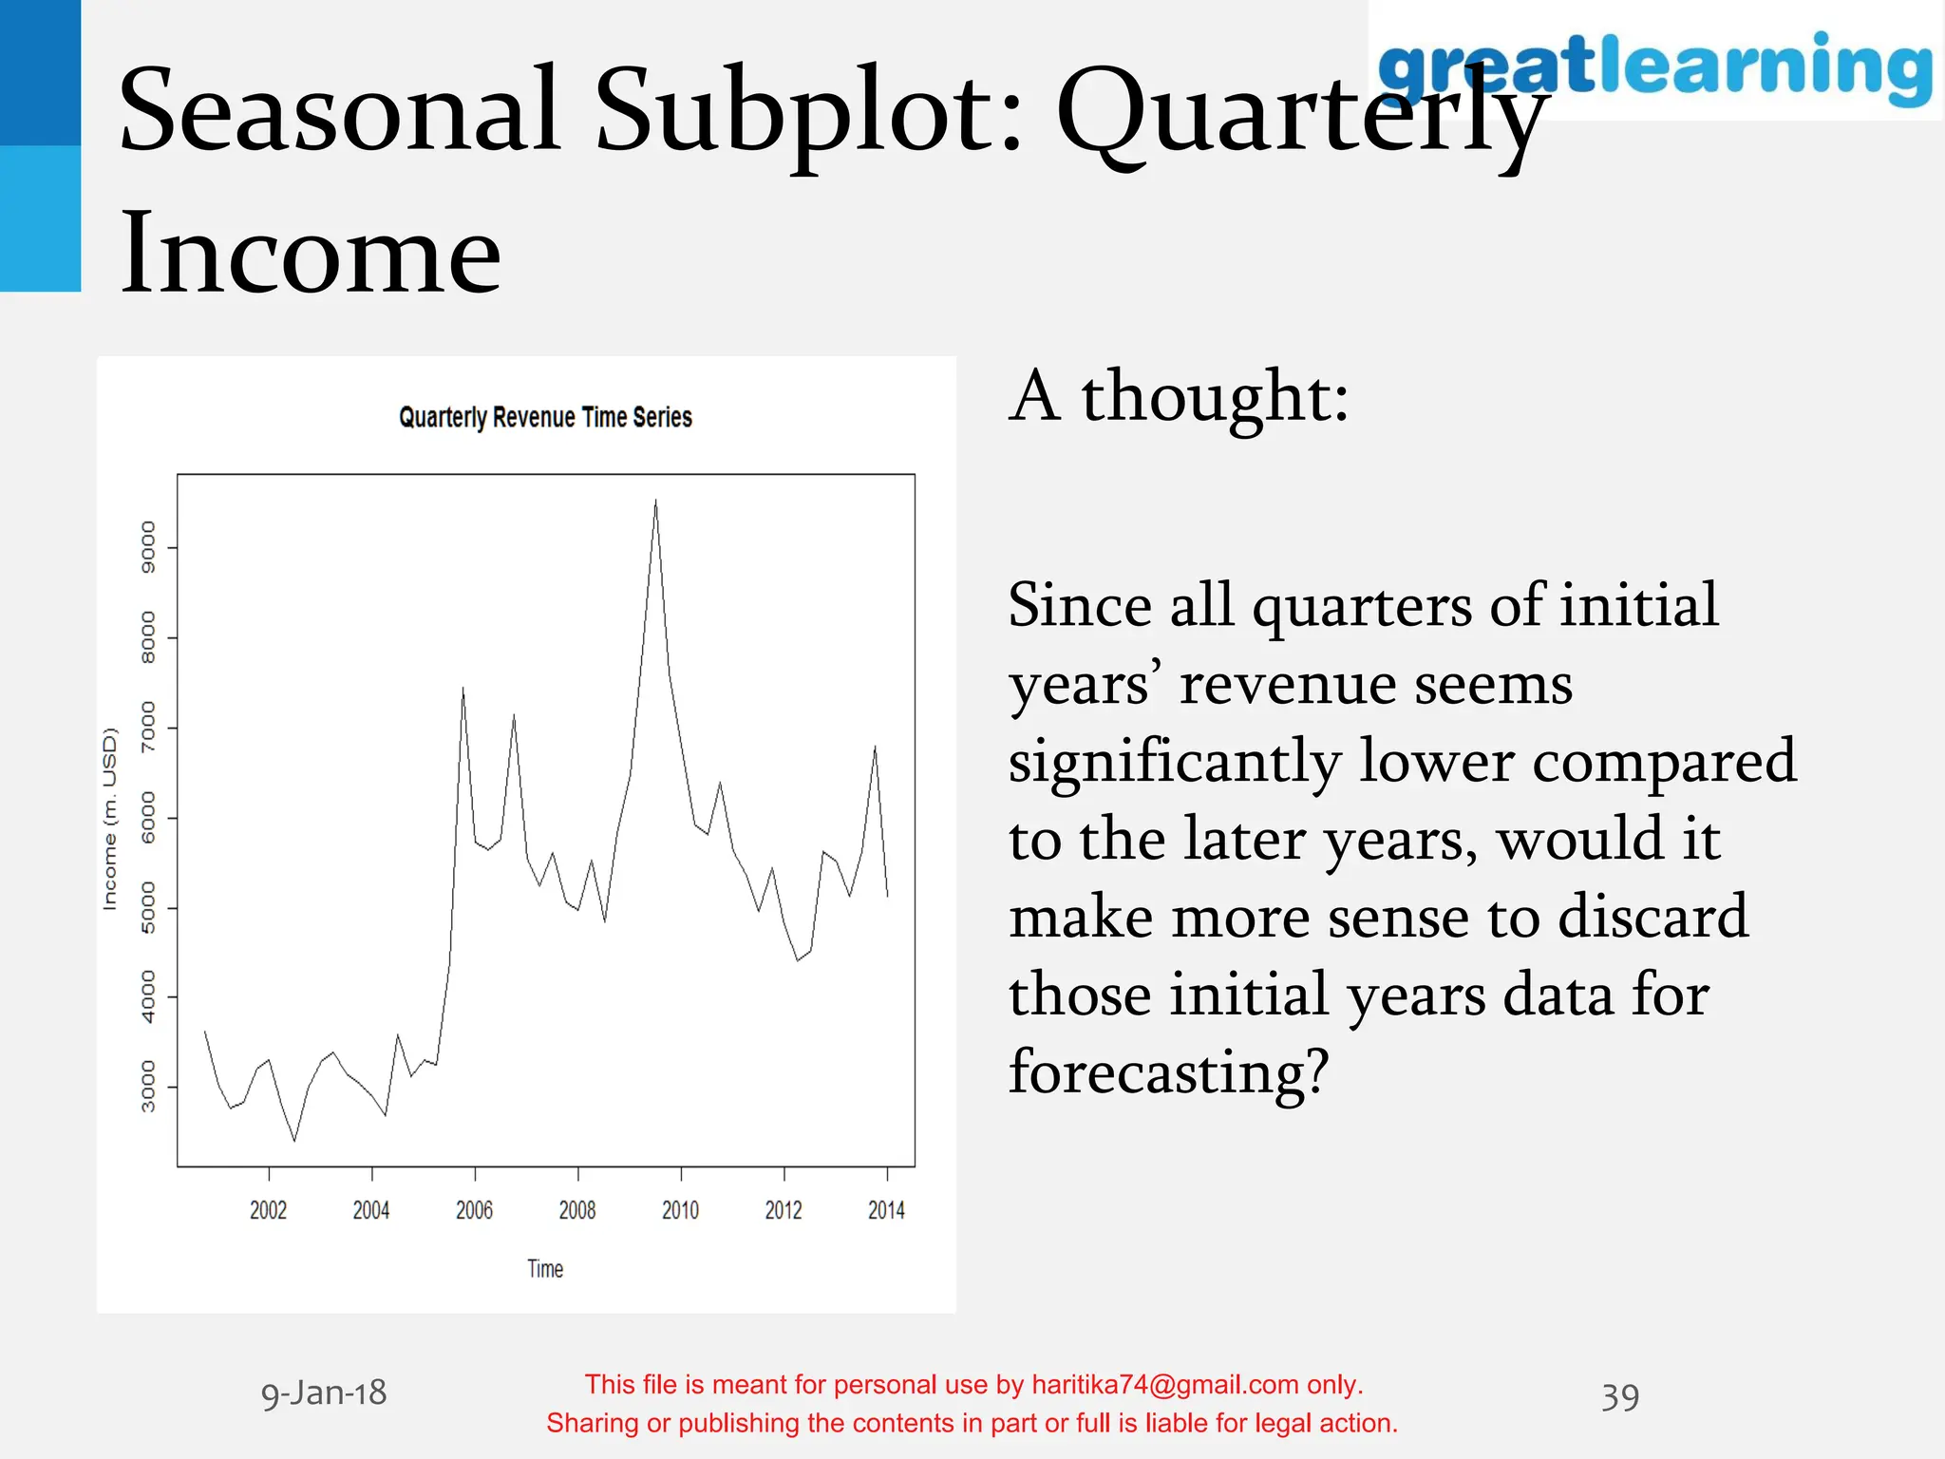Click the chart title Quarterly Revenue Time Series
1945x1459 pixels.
545,418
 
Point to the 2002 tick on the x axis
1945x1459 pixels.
269,1209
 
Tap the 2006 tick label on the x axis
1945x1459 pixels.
474,1209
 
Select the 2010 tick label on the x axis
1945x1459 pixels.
680,1209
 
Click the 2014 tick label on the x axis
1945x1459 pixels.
886,1209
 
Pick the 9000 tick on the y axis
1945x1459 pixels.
148,548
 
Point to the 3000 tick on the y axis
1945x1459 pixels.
148,1087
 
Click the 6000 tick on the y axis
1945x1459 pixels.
148,818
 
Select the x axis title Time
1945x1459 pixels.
545,1269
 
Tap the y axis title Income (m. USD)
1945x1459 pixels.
110,819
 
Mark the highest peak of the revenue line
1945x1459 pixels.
655,501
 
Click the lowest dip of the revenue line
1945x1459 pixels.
294,1140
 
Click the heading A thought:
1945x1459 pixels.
1179,397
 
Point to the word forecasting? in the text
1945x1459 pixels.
1168,1071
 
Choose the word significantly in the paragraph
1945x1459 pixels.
1174,762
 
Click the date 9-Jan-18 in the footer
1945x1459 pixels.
324,1393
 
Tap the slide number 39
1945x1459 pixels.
1619,1397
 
